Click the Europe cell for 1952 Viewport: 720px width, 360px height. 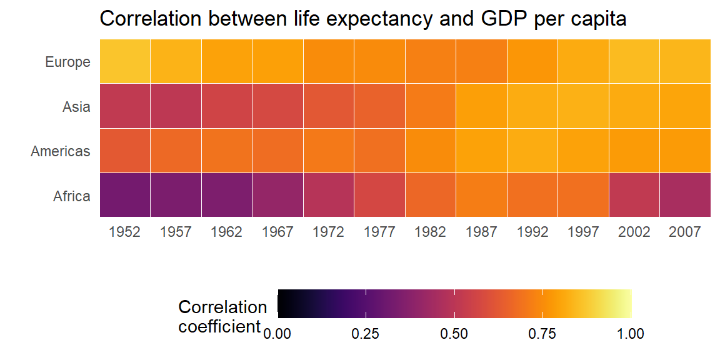[x=125, y=61]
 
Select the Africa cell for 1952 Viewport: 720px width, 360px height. [x=125, y=195]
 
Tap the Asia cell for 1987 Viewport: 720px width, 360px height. [x=481, y=106]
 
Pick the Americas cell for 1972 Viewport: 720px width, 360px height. [x=329, y=151]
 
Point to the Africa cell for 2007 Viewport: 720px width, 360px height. [x=684, y=195]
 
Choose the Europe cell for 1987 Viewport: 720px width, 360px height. [x=481, y=61]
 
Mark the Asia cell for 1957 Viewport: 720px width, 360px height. [x=176, y=106]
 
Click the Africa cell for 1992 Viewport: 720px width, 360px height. [x=532, y=195]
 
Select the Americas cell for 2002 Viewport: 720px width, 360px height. [x=634, y=151]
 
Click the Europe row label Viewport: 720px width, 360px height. [x=67, y=62]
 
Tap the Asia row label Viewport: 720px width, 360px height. [x=76, y=107]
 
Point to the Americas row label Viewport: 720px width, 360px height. [x=61, y=151]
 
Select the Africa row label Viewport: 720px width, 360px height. [x=72, y=196]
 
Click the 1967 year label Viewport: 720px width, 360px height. [x=277, y=232]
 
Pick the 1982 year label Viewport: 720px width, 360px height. [x=430, y=232]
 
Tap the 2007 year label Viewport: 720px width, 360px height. [x=684, y=232]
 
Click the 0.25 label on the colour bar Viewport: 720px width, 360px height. [x=366, y=334]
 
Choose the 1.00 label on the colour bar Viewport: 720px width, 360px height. [x=631, y=334]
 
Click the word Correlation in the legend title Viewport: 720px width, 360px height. [x=222, y=307]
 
